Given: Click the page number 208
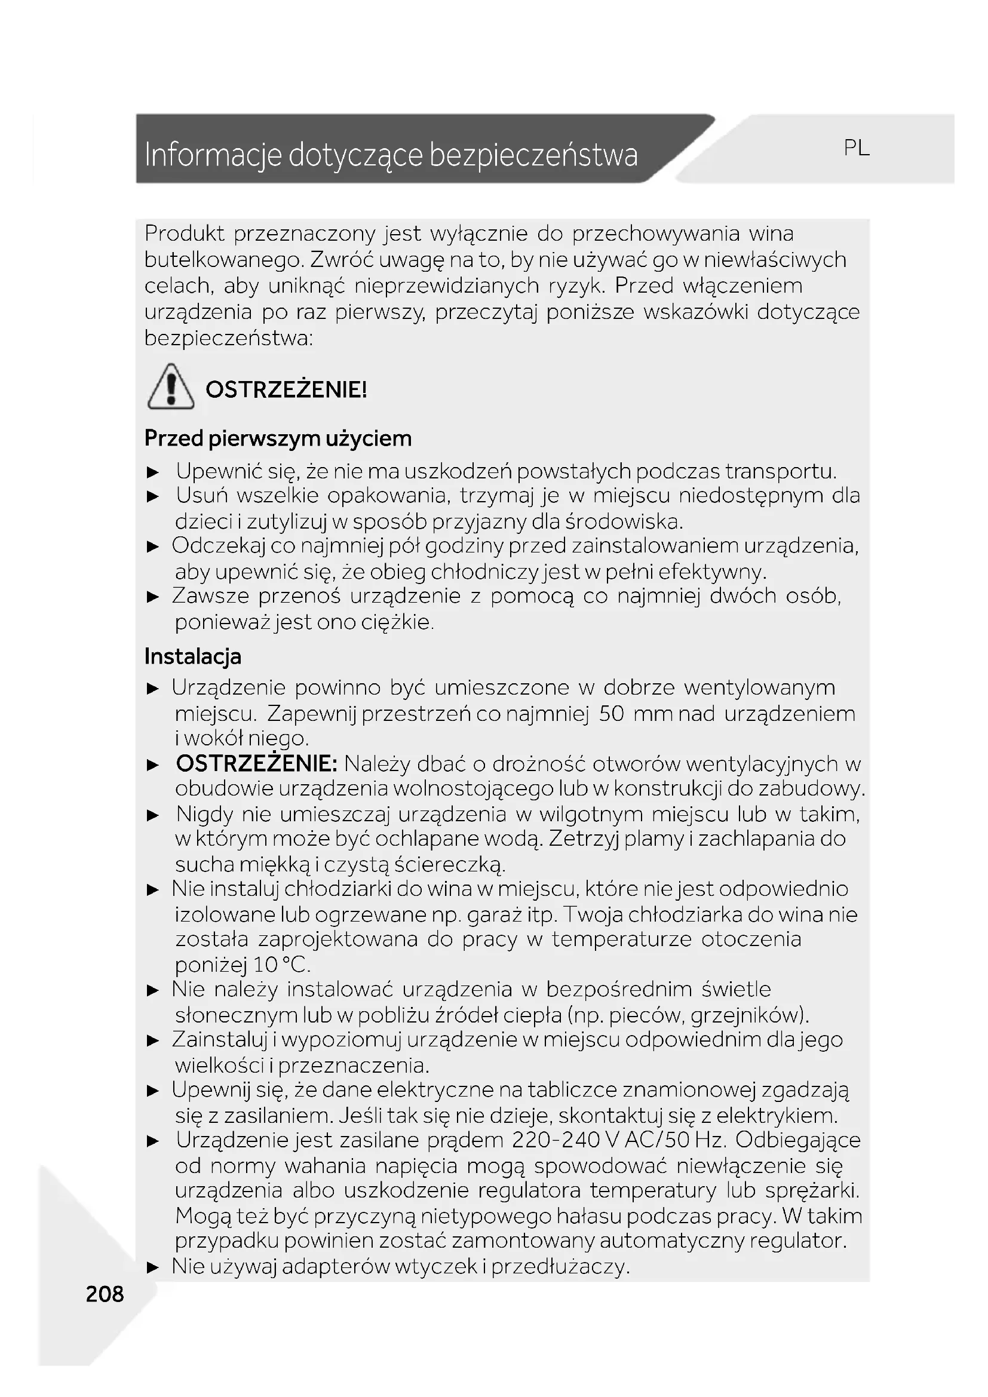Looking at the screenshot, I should (x=105, y=1294).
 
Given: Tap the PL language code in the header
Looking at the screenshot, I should (x=856, y=148).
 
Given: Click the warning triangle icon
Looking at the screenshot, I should (x=171, y=387).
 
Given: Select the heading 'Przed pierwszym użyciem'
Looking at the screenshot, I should (x=278, y=438).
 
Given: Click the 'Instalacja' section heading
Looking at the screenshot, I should (x=193, y=656).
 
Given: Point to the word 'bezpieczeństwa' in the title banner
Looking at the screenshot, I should (x=533, y=155).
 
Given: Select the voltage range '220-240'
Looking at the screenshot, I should (x=556, y=1140).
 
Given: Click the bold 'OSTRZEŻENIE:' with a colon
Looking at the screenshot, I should (x=256, y=764).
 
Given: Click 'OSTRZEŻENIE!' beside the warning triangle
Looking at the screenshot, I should (x=286, y=389).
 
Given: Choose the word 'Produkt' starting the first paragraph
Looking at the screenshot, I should (x=185, y=234).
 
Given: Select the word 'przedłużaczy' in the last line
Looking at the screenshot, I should (x=559, y=1267).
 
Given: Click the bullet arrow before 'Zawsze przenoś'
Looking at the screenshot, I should (x=153, y=597).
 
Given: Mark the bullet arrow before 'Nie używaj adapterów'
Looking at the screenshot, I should (x=153, y=1268).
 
